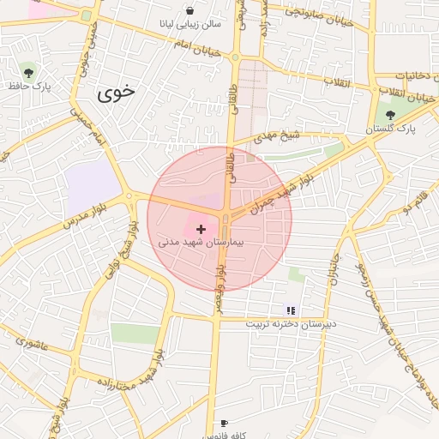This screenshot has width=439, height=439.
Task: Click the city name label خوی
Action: pyautogui.click(x=117, y=93)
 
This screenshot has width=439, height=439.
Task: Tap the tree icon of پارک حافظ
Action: pyautogui.click(x=30, y=72)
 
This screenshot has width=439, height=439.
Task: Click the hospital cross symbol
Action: pyautogui.click(x=201, y=230)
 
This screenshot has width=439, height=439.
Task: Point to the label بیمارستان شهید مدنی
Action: pyautogui.click(x=201, y=244)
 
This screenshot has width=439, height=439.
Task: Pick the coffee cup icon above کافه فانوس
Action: pyautogui.click(x=225, y=423)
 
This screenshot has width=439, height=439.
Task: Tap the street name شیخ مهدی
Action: pyautogui.click(x=281, y=135)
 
